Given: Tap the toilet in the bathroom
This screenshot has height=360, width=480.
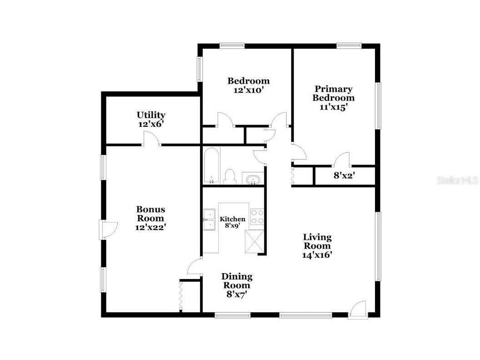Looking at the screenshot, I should click(x=230, y=177).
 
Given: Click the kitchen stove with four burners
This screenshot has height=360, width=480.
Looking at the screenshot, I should click(x=257, y=216).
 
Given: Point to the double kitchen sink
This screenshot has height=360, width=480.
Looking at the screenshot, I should click(x=210, y=219).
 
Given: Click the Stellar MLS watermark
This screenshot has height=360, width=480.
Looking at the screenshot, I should click(x=457, y=180).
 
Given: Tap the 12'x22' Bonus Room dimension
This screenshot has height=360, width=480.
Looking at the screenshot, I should click(x=150, y=227).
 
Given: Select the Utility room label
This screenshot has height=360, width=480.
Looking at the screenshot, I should click(x=151, y=115).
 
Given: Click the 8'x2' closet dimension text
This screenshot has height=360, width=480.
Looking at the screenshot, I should click(x=344, y=175).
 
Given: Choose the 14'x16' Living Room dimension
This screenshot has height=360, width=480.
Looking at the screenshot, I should click(x=317, y=255).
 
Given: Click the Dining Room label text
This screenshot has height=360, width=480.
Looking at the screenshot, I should click(x=237, y=281).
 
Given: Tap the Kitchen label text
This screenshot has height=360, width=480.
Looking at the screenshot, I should click(x=232, y=219).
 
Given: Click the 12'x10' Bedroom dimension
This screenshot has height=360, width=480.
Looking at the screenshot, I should click(x=248, y=90).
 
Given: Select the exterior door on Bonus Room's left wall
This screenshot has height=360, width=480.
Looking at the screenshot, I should click(x=108, y=230).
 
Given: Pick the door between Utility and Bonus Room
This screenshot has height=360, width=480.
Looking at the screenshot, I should click(x=151, y=139).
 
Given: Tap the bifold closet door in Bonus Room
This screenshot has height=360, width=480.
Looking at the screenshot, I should click(x=181, y=296).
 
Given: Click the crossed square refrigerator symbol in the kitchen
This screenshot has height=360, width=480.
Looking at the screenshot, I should click(x=254, y=241).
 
